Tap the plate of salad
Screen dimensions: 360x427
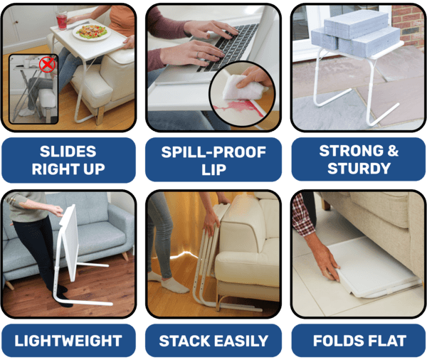tap(91, 33)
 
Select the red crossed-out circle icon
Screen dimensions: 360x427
tap(48, 66)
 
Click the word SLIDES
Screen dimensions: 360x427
tap(68, 151)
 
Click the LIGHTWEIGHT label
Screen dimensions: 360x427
tap(68, 340)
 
